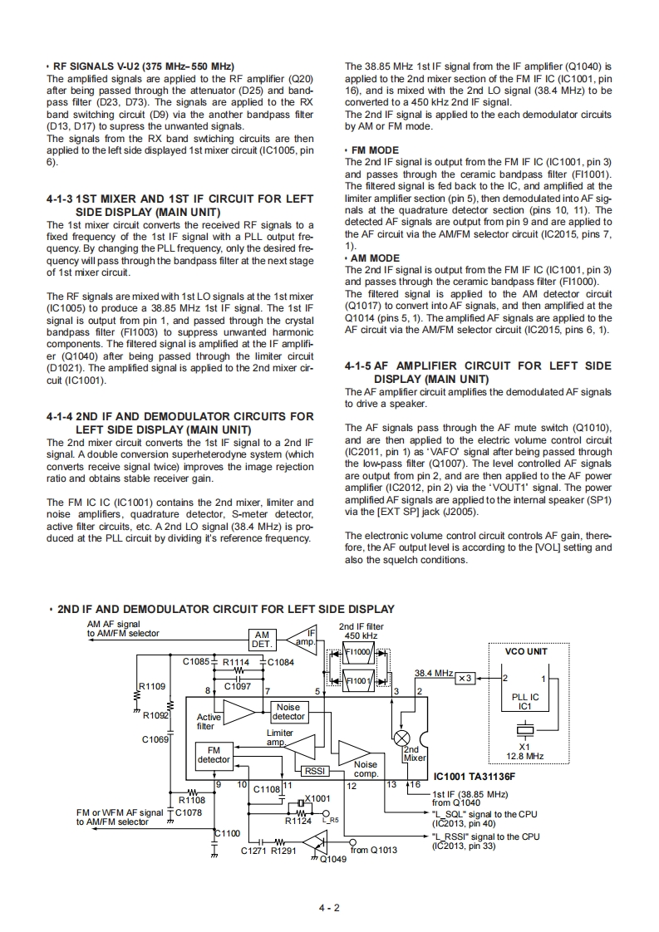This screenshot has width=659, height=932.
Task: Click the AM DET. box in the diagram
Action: click(262, 638)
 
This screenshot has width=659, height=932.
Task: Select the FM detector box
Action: click(214, 754)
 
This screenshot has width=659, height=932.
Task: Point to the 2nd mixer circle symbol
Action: click(403, 738)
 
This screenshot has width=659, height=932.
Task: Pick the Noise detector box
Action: click(288, 712)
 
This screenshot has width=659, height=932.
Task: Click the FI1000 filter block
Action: click(359, 652)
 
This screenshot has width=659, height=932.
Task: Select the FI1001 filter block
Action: click(359, 680)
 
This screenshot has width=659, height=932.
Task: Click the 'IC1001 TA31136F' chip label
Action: click(475, 777)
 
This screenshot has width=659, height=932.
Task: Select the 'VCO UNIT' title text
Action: click(525, 652)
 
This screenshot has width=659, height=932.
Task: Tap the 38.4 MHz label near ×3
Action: click(433, 672)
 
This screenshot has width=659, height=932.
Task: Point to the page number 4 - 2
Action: click(329, 907)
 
